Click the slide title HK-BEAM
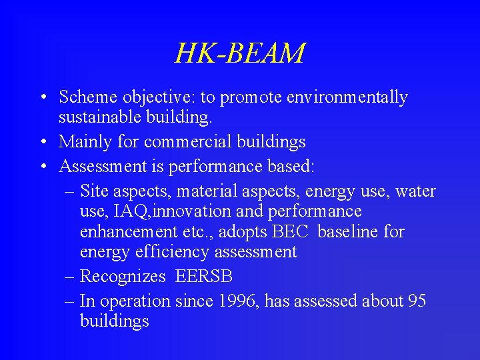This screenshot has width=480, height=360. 240,53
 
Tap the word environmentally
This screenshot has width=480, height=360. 347,97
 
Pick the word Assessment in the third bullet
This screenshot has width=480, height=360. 94,167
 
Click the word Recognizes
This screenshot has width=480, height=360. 122,277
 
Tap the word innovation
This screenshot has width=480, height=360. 180,212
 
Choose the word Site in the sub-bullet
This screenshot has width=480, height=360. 94,191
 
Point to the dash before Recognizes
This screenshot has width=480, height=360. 70,277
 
